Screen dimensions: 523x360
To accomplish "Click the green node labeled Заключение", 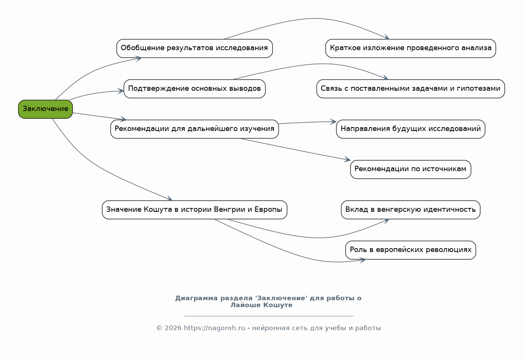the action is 46,109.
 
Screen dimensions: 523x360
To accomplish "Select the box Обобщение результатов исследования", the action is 195,48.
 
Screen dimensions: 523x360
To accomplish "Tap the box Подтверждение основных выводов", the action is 195,88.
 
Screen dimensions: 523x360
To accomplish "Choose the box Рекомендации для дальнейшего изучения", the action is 195,129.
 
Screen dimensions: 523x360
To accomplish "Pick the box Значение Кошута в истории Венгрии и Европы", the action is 195,210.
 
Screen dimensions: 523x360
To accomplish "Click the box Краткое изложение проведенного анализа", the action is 411,48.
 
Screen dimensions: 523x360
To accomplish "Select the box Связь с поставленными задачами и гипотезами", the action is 411,88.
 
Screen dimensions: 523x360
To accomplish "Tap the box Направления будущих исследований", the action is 411,129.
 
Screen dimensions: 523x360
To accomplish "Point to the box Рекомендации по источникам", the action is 411,169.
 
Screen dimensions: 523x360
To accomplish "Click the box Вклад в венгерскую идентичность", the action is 411,210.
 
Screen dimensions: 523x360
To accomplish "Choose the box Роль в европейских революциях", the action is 411,250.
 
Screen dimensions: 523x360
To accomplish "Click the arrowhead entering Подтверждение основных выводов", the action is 120,91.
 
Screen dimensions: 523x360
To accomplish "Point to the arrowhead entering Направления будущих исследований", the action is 333,121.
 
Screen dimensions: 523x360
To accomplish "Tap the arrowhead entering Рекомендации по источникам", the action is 348,159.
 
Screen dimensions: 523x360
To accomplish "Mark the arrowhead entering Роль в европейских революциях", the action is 362,260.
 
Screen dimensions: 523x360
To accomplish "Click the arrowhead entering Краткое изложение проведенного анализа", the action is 387,37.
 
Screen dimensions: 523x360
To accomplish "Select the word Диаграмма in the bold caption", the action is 197,298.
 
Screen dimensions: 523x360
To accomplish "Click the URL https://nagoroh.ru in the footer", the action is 214,328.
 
